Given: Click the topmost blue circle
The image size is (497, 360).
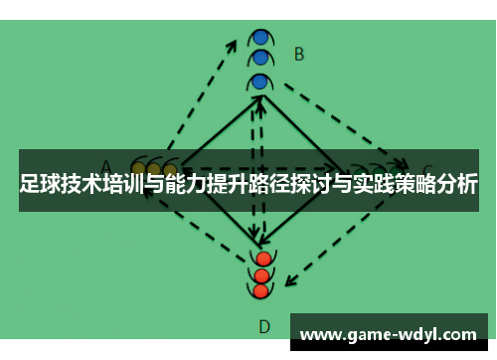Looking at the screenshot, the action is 260,37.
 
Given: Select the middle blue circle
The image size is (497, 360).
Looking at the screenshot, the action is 260,58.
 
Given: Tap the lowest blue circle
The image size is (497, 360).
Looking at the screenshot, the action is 260,81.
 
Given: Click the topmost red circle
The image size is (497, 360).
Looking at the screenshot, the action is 262,259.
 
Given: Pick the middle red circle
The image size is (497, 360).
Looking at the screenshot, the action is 262,275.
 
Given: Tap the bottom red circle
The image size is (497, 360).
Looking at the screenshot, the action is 261,291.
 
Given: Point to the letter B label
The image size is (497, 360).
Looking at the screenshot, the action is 298,54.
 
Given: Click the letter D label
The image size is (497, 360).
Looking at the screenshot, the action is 264,325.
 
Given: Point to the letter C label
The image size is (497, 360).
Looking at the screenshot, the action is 427,170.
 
